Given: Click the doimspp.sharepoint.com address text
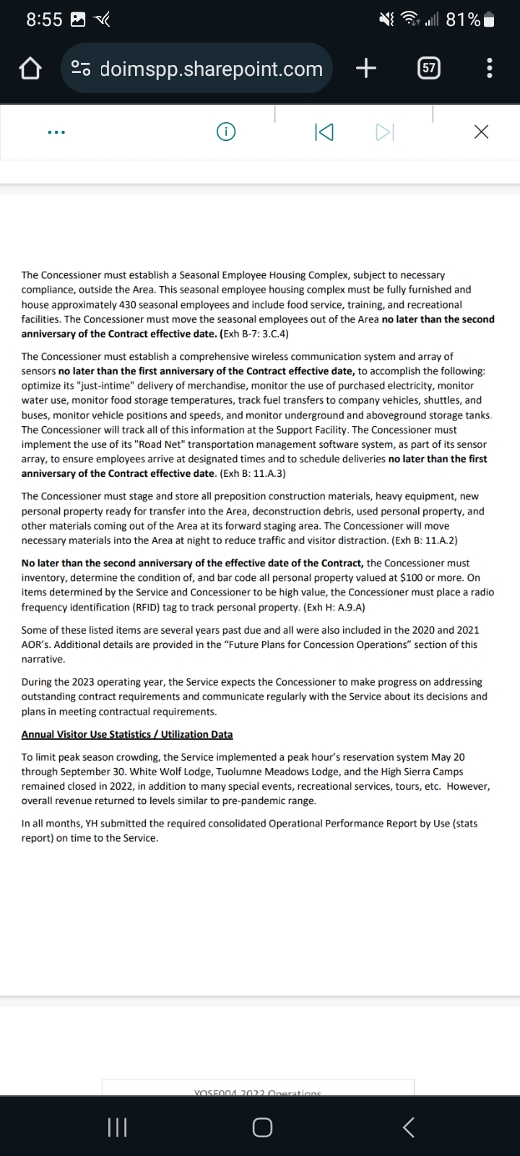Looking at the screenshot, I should click(211, 69).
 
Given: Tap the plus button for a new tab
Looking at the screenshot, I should click(366, 69).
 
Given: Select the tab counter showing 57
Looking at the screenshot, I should click(429, 69).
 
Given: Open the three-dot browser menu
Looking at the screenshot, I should click(490, 69).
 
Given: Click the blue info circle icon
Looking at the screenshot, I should click(226, 132).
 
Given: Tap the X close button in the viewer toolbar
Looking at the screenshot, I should click(481, 132).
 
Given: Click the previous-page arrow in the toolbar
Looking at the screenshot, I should click(324, 132).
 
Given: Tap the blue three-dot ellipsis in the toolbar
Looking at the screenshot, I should click(56, 132).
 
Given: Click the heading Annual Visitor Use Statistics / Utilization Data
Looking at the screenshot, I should click(127, 734).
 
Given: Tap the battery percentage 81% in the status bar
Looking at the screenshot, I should click(463, 20).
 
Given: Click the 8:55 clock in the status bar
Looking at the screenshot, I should click(44, 20).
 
